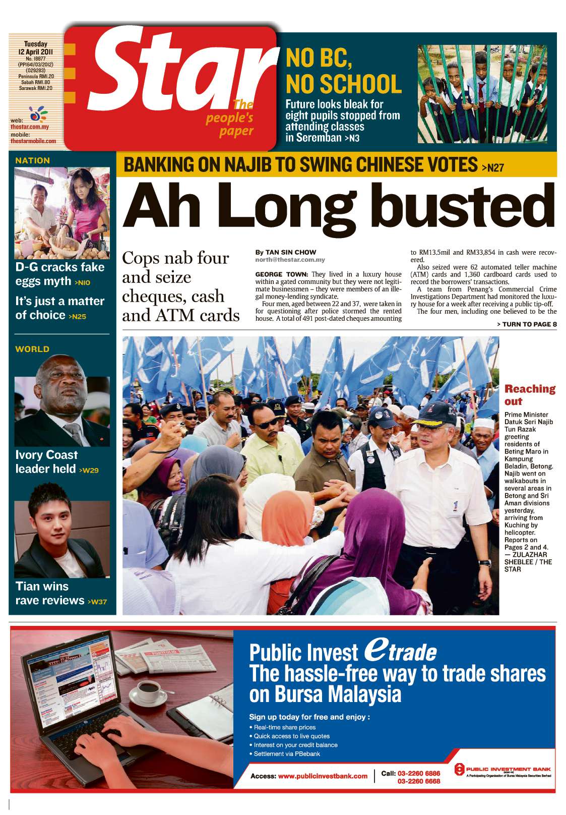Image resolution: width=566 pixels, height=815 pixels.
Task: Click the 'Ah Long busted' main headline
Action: click(x=339, y=206)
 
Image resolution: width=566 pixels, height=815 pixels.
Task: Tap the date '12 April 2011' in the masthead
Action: click(x=36, y=51)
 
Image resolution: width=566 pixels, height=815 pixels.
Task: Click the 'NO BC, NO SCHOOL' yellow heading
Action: click(x=343, y=72)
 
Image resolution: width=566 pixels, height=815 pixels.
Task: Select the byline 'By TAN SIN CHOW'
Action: click(x=285, y=252)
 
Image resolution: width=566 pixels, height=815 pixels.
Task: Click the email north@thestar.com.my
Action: click(x=290, y=260)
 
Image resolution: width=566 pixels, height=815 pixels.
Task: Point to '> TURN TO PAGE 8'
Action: click(x=527, y=324)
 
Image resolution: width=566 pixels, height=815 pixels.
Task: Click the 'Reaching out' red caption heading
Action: click(x=529, y=395)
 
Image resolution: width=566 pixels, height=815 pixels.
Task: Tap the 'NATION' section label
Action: click(x=33, y=160)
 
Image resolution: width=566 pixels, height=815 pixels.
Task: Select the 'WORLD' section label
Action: click(x=32, y=349)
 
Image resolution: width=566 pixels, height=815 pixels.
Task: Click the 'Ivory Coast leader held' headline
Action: click(x=56, y=462)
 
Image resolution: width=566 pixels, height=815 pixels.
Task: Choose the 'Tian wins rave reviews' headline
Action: click(x=60, y=593)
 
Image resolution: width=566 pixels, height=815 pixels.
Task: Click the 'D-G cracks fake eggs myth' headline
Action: click(x=59, y=274)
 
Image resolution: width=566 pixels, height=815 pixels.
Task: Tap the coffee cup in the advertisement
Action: click(x=148, y=688)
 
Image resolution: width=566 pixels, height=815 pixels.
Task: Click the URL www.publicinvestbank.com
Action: click(x=323, y=776)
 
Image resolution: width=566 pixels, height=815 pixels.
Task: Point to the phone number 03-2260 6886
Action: click(x=418, y=773)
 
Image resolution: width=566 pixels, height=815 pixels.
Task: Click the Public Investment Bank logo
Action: click(x=459, y=770)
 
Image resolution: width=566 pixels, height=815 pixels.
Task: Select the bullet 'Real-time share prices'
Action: click(x=285, y=727)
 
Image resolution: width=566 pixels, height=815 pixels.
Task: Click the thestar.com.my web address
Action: click(x=30, y=127)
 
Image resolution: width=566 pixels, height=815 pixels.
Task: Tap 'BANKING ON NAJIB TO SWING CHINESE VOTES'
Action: click(x=300, y=165)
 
